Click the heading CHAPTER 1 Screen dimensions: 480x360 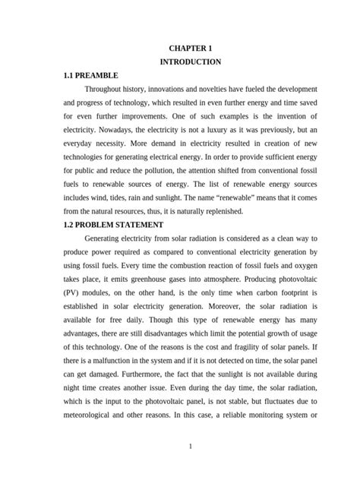[x=191, y=48]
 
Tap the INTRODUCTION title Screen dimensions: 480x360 [x=191, y=62]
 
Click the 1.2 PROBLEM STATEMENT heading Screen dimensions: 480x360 [x=114, y=224]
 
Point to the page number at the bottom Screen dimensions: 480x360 [x=191, y=445]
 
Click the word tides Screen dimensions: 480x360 [x=134, y=197]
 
